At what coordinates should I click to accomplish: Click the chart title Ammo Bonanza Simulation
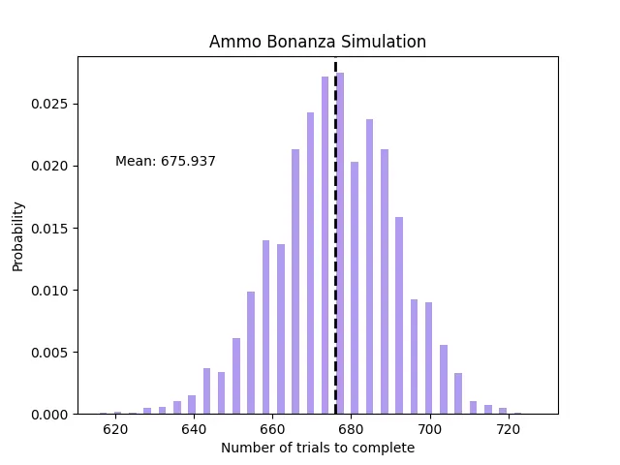(x=318, y=43)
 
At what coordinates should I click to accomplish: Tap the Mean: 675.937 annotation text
(x=166, y=162)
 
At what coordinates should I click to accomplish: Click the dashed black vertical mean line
(x=335, y=242)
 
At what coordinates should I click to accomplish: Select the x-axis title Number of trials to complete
(x=318, y=448)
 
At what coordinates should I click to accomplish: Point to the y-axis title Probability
(x=18, y=235)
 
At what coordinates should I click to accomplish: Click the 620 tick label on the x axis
(x=115, y=429)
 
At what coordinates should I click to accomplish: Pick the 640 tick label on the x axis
(x=194, y=429)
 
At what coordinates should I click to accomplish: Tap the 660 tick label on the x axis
(x=271, y=429)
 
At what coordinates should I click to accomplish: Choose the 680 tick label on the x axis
(x=350, y=429)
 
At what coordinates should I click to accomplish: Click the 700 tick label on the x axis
(x=428, y=429)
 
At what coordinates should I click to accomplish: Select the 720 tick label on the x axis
(x=506, y=429)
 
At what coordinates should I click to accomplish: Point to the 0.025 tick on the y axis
(x=51, y=104)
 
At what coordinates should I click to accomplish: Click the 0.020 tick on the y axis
(x=51, y=166)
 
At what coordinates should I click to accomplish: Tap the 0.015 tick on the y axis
(x=51, y=229)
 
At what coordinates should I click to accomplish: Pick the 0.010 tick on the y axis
(x=51, y=291)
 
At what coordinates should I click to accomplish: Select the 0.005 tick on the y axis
(x=51, y=353)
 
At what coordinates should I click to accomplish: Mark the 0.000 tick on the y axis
(x=51, y=415)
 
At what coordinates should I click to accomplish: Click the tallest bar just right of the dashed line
(x=340, y=242)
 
